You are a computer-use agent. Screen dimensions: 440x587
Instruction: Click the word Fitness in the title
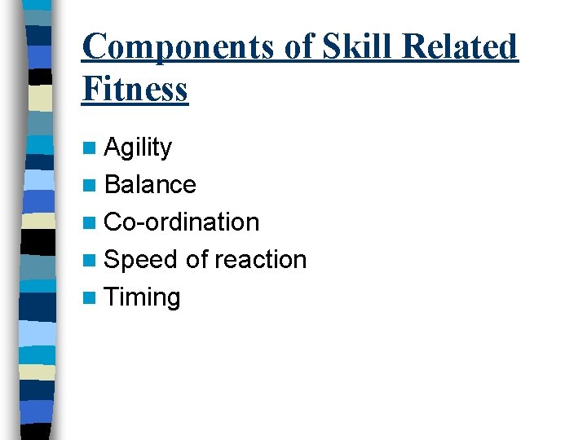coord(135,89)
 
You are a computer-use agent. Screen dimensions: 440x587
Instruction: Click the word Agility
coord(139,147)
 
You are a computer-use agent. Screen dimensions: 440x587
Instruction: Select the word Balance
coord(151,185)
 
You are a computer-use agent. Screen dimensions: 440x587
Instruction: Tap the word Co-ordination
coord(182,222)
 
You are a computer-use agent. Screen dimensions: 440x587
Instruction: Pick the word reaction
coord(260,260)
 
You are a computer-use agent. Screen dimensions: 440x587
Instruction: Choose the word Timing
coord(143,297)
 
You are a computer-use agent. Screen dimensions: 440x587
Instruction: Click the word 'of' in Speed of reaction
coord(196,260)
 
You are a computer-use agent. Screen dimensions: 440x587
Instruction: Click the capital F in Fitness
coord(90,89)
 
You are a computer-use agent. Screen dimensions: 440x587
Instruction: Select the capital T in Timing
coord(113,297)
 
